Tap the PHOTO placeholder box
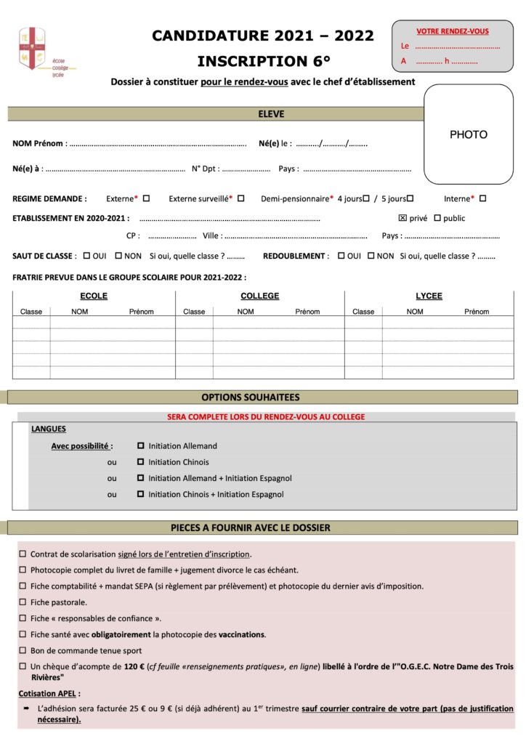pos(469,134)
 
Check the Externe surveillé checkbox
pos(240,198)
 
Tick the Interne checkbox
pos(482,198)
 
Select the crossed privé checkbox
pos(402,218)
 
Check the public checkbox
pos(437,218)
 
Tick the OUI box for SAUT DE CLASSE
pos(86,256)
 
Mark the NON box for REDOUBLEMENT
pos(371,256)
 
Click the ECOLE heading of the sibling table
pos(94,296)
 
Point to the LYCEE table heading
pos(429,296)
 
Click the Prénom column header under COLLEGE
pos(307,312)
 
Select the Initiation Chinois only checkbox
pos(141,462)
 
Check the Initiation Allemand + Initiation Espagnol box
pos(141,478)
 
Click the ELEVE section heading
pos(271,114)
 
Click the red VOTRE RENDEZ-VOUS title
pos(453,31)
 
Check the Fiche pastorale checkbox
pos(23,602)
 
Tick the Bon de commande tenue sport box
pos(23,650)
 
